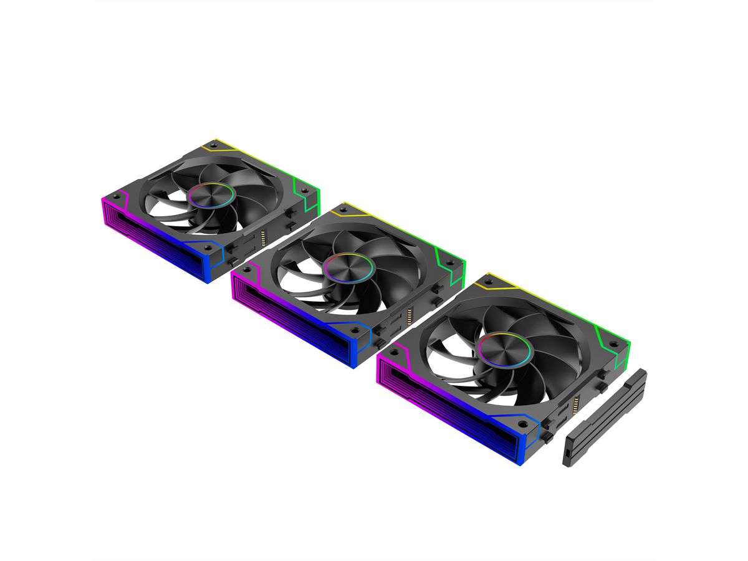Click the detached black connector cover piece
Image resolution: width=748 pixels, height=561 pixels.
pos(604,417)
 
